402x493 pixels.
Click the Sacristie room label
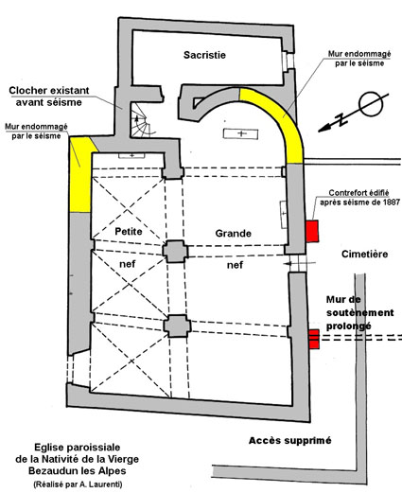pyautogui.click(x=204, y=55)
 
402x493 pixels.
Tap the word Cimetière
pyautogui.click(x=364, y=254)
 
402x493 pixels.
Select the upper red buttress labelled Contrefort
pyautogui.click(x=312, y=231)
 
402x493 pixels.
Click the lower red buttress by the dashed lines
pyautogui.click(x=314, y=339)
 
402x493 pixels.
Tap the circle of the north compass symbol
pyautogui.click(x=371, y=105)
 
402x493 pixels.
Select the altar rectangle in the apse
pyautogui.click(x=240, y=133)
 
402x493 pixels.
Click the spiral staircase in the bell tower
pyautogui.click(x=140, y=120)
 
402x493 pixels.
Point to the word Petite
pyautogui.click(x=129, y=231)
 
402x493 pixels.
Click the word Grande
pyautogui.click(x=234, y=233)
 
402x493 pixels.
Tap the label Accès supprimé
pyautogui.click(x=290, y=440)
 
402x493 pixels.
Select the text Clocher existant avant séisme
pyautogui.click(x=49, y=97)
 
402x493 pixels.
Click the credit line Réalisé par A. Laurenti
pyautogui.click(x=78, y=484)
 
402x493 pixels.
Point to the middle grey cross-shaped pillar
pyautogui.click(x=175, y=252)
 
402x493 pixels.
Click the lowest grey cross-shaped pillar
pyautogui.click(x=177, y=326)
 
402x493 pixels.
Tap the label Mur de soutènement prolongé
pyautogui.click(x=359, y=312)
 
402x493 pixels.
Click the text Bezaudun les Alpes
pyautogui.click(x=78, y=471)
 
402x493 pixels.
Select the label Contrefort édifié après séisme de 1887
pyautogui.click(x=359, y=198)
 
